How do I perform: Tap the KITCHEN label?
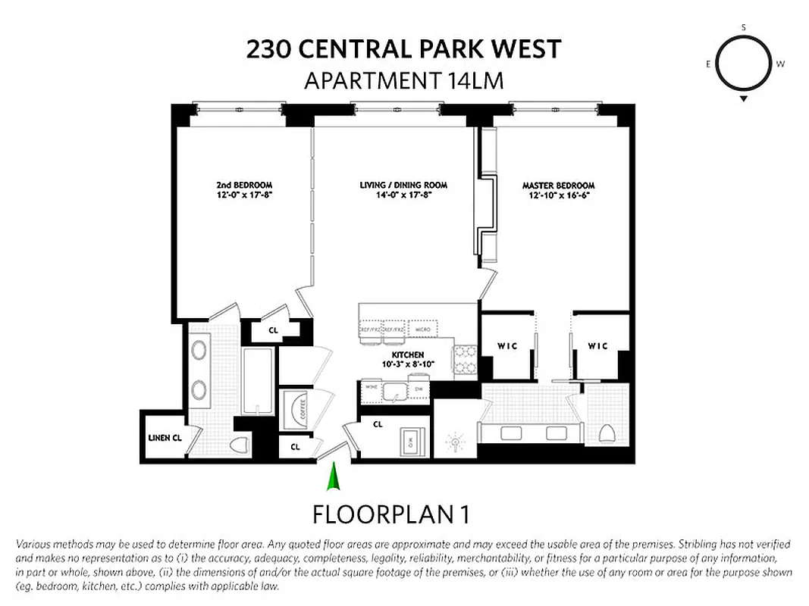pyautogui.click(x=407, y=359)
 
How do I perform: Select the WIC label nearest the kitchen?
pyautogui.click(x=507, y=346)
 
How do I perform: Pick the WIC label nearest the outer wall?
pyautogui.click(x=597, y=346)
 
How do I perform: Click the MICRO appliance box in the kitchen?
pyautogui.click(x=421, y=330)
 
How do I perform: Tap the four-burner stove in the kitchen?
pyautogui.click(x=464, y=360)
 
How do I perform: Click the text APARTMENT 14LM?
pyautogui.click(x=403, y=80)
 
